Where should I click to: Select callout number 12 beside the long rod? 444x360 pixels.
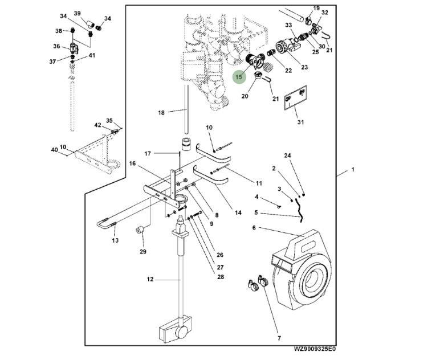pos(150,280)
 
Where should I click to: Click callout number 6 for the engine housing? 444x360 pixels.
pos(254,228)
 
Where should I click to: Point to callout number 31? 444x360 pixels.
pos(301,121)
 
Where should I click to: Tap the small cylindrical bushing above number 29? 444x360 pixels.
pos(140,231)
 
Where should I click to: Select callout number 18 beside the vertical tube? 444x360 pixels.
pos(161,113)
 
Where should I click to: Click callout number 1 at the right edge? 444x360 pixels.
pos(353,170)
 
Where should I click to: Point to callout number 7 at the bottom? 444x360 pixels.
pos(279,338)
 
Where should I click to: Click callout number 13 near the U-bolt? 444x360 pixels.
pos(115,240)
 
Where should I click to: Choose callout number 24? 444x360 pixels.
pos(287,156)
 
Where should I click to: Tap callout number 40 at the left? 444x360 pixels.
pos(54,150)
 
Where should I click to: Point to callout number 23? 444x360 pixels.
pos(304,67)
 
